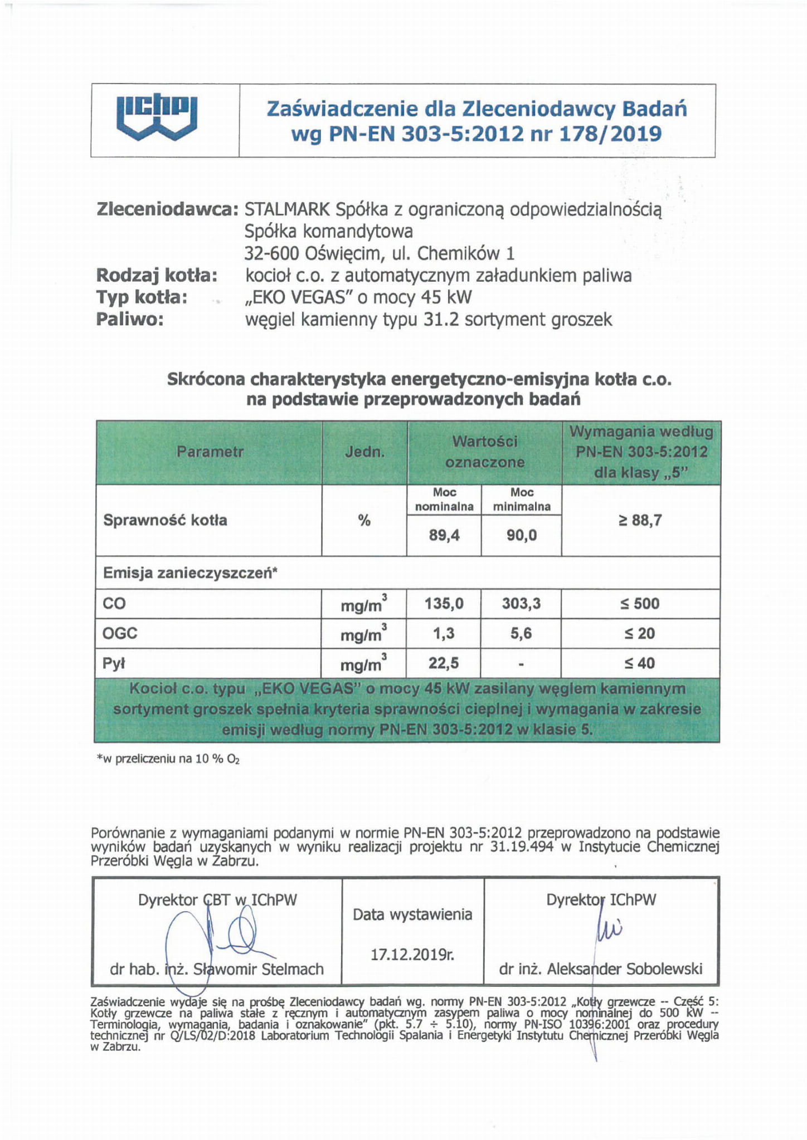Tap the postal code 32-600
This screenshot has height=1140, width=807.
coord(272,254)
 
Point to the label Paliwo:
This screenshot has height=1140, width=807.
coord(130,320)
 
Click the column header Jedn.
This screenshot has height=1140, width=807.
coord(364,452)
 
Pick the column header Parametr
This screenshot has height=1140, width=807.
coord(210,452)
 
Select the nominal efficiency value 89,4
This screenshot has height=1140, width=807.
coord(444,536)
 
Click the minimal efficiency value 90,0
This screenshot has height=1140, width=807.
coord(522,536)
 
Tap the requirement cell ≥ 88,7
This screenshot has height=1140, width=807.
coord(640,521)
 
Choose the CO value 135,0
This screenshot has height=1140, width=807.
coord(444,604)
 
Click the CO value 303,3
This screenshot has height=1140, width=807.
coord(522,604)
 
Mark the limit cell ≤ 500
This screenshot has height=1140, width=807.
coord(640,604)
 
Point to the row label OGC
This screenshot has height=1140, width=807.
coord(120,634)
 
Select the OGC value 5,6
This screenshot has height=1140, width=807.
coord(522,634)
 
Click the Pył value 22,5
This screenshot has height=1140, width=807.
coord(444,663)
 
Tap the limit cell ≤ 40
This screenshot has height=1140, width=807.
coord(640,663)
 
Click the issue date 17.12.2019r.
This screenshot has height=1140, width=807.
coord(412,955)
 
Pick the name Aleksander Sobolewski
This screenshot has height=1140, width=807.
coord(624,969)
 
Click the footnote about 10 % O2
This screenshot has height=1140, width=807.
coord(168,759)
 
